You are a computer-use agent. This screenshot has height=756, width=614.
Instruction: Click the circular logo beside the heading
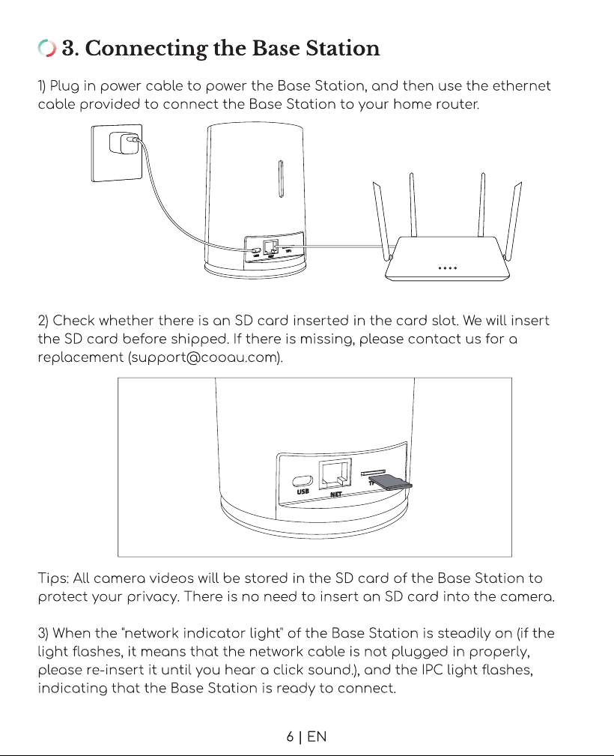[x=46, y=48]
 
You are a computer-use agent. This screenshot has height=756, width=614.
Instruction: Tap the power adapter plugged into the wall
[x=120, y=142]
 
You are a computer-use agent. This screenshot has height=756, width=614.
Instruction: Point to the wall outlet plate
[x=117, y=153]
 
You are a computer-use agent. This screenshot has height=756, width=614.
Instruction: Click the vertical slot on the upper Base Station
[x=281, y=178]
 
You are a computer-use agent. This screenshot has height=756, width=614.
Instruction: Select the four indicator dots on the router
[x=447, y=267]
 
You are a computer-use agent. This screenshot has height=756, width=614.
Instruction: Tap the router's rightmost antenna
[x=513, y=220]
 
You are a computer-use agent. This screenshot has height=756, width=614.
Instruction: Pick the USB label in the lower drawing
[x=303, y=492]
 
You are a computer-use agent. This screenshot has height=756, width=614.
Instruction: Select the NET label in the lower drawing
[x=336, y=495]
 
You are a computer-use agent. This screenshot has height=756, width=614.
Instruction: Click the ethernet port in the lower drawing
[x=335, y=474]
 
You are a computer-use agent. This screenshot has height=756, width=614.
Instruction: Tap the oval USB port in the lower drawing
[x=303, y=481]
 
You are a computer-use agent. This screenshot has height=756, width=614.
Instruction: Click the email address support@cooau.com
[x=205, y=357]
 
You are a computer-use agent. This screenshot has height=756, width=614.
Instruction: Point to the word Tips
[x=55, y=578]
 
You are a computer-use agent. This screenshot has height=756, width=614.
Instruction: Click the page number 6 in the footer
[x=290, y=737]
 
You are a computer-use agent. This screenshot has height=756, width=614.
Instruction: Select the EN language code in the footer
[x=317, y=737]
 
